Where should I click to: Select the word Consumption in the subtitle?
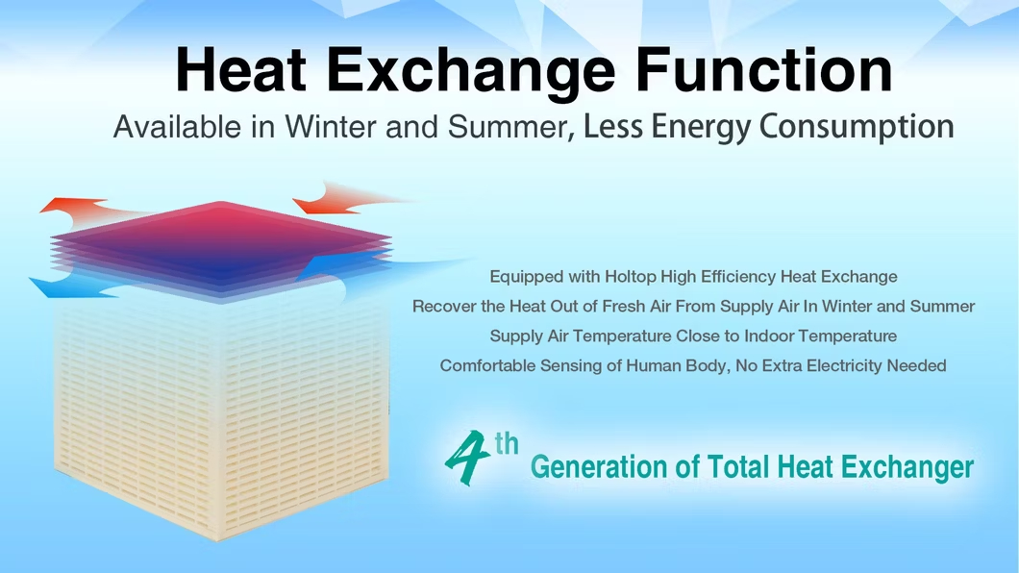coord(857,127)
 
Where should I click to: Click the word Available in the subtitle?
coord(177,127)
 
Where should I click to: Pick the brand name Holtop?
coord(631,277)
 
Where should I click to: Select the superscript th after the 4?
coord(507,444)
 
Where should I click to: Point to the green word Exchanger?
coord(907,467)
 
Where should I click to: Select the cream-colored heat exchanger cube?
coord(221,415)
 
